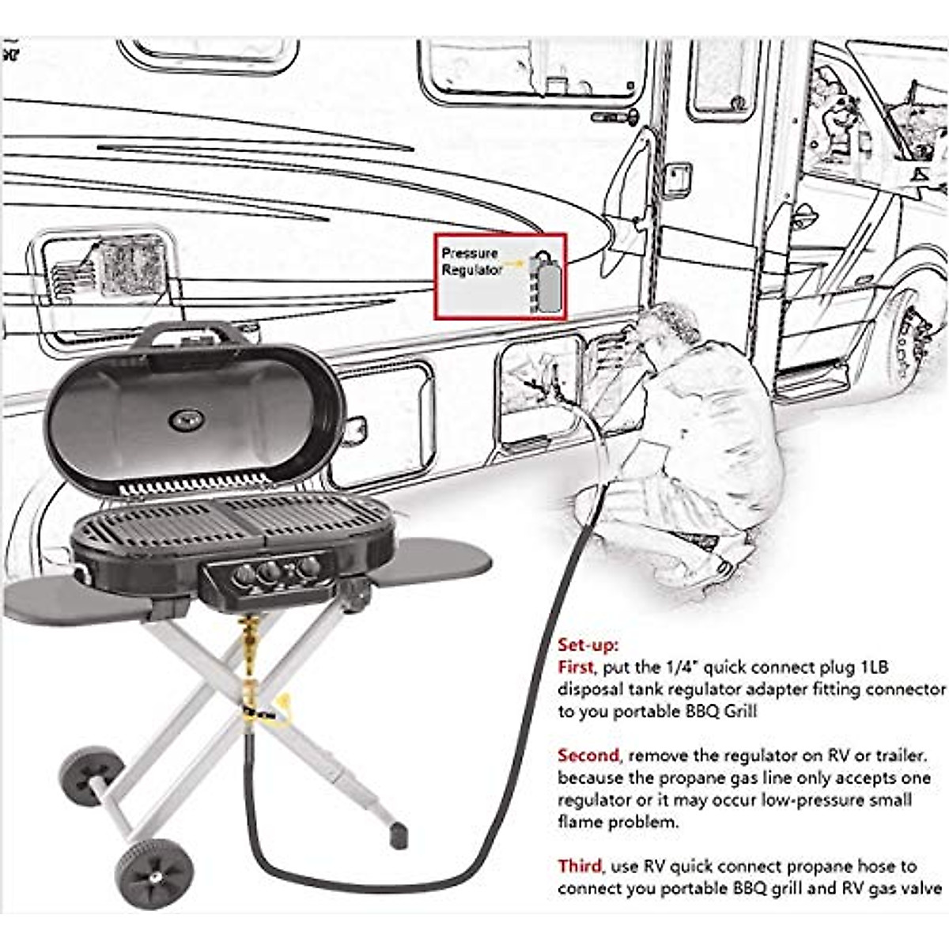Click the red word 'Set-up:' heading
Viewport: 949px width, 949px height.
point(588,645)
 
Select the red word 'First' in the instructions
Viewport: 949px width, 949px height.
point(575,667)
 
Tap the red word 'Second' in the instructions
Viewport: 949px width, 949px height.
point(588,755)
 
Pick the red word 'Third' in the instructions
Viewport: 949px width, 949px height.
point(579,866)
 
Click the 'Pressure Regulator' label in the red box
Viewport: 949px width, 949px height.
point(471,262)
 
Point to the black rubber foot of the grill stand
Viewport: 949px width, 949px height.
point(399,836)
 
